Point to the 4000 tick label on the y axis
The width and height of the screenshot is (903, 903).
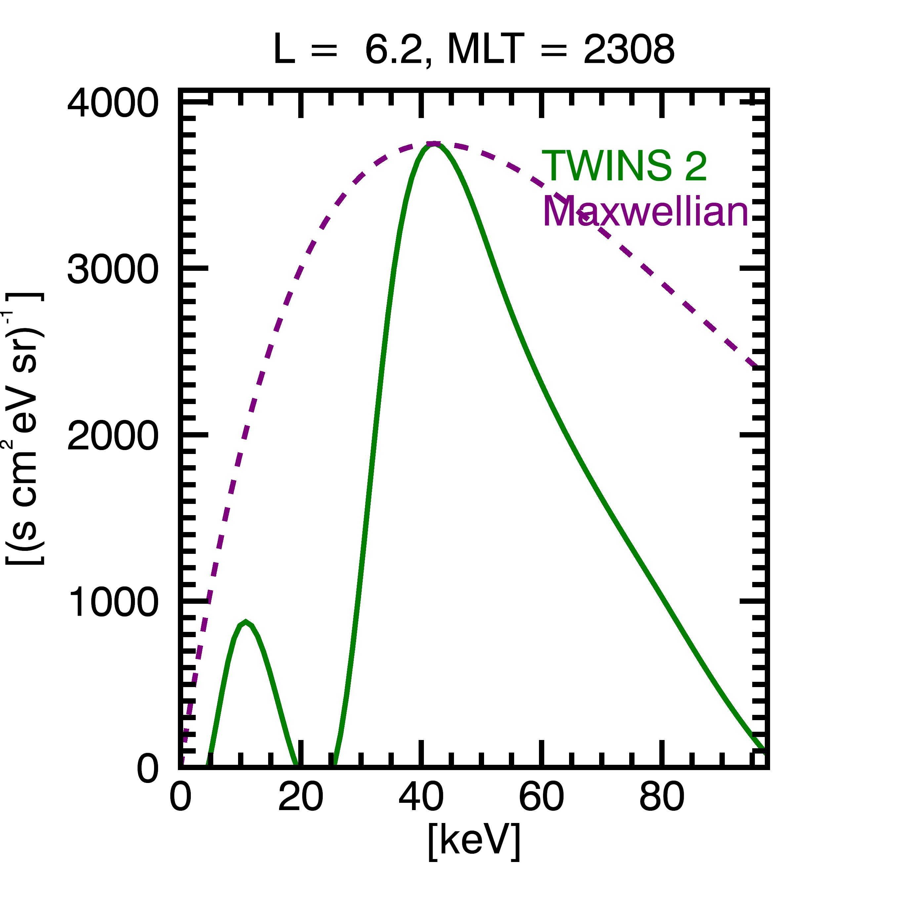click(113, 104)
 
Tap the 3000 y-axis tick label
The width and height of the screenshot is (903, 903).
click(113, 270)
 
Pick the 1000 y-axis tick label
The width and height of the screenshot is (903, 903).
click(113, 602)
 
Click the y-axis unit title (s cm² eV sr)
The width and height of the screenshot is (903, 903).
click(24, 429)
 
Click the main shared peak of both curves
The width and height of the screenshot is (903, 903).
click(434, 144)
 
